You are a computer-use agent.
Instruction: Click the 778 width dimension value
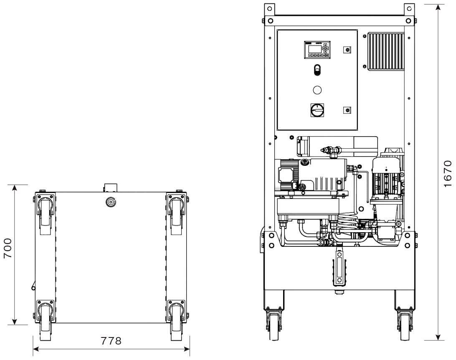(x=111, y=340)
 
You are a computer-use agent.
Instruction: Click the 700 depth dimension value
(x=8, y=248)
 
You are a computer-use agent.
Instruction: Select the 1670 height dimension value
(x=448, y=174)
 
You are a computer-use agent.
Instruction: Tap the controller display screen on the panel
(x=315, y=48)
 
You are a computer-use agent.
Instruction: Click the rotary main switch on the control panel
(x=317, y=110)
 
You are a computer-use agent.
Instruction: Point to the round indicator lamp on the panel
(x=317, y=90)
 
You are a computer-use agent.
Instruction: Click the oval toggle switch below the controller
(x=317, y=70)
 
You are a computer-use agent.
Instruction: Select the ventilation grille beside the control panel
(x=386, y=51)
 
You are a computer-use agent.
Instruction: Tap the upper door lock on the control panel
(x=347, y=50)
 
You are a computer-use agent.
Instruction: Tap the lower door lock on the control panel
(x=347, y=110)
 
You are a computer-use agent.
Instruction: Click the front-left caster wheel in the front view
(x=274, y=326)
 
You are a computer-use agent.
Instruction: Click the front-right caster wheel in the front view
(x=405, y=326)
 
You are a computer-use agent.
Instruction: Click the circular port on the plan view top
(x=111, y=202)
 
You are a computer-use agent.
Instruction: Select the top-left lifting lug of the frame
(x=269, y=9)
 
